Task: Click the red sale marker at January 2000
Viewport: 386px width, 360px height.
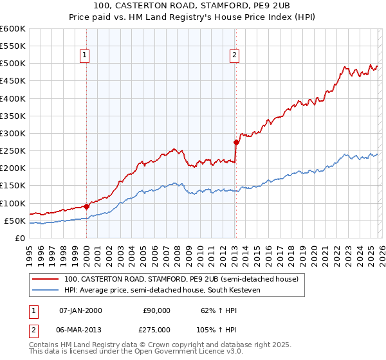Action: tap(86, 207)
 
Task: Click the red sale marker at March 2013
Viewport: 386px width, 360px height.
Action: tap(235, 143)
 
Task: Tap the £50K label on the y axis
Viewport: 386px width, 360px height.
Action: tap(15, 221)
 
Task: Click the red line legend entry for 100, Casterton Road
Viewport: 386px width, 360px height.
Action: tap(181, 280)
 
